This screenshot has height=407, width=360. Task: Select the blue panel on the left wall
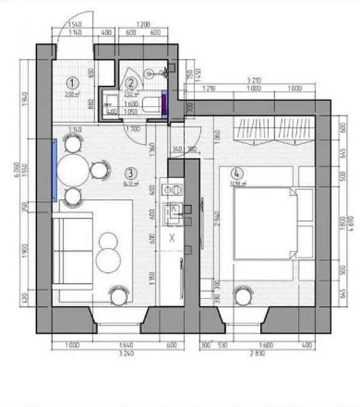point(55,170)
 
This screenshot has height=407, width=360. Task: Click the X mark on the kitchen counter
point(172,237)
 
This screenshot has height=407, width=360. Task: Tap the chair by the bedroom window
point(244,296)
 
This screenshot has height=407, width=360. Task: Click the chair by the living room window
point(118,296)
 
